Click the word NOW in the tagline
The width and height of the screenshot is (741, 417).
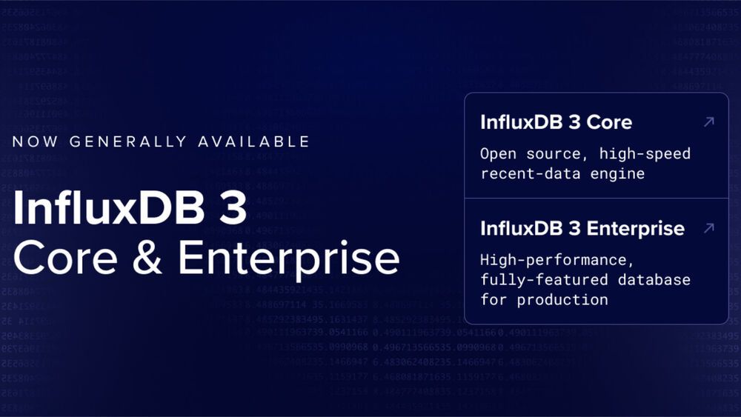pyautogui.click(x=36, y=141)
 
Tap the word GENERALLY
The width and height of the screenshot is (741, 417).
pyautogui.click(x=127, y=141)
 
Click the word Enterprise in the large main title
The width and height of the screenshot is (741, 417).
pyautogui.click(x=289, y=258)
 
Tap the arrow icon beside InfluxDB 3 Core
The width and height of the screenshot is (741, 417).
pyautogui.click(x=708, y=121)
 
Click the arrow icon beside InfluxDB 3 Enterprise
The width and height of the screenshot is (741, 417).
pyautogui.click(x=708, y=227)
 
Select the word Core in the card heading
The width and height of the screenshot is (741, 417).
pyautogui.click(x=609, y=122)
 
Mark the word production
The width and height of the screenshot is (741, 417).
pyautogui.click(x=562, y=300)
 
